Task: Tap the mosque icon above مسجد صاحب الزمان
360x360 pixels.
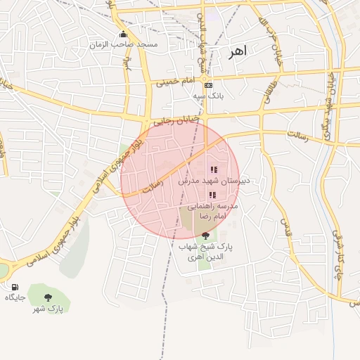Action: (x=124, y=34)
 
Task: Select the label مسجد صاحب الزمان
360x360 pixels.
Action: (x=123, y=44)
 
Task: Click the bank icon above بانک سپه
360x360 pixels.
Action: (x=208, y=85)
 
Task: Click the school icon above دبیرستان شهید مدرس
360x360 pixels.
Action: (x=214, y=169)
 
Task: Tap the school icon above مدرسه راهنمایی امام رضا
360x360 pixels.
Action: (x=212, y=195)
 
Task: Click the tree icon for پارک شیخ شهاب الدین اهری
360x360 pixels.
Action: (x=205, y=236)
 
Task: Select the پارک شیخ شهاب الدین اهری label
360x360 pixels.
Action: (x=205, y=252)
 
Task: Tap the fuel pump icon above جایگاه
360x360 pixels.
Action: (x=15, y=287)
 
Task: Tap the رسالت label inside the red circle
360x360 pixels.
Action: (x=153, y=186)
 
